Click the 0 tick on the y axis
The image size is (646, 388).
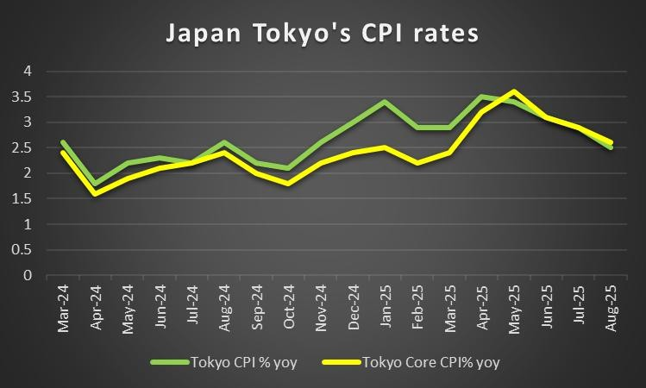[28, 276]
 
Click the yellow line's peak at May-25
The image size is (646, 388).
[515, 91]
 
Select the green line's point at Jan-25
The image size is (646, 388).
[383, 102]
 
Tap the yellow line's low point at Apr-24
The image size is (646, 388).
[94, 194]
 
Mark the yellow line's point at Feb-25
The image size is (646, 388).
[417, 163]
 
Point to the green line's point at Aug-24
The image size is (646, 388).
[223, 142]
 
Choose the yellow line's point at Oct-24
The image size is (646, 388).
[289, 184]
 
